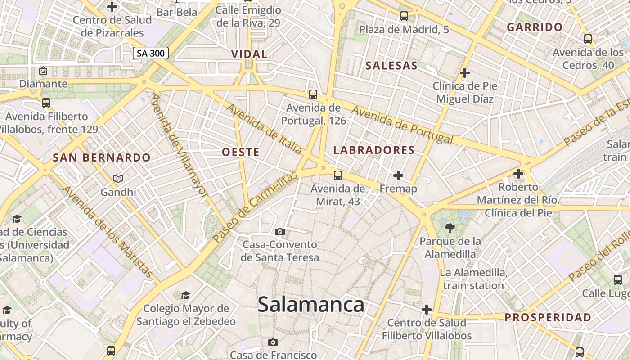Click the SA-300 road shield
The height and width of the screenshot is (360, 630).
click(x=151, y=54)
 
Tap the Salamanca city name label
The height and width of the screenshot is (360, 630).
click(x=311, y=305)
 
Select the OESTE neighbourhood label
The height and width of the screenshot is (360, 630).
click(x=241, y=152)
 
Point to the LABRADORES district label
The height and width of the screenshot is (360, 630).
click(x=374, y=150)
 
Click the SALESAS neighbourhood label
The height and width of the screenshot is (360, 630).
click(x=391, y=66)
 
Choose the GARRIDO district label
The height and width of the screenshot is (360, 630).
click(x=535, y=27)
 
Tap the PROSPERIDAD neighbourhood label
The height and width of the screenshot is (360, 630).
click(x=548, y=317)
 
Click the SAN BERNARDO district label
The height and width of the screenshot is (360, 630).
click(x=101, y=158)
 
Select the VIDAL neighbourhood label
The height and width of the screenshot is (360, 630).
click(x=249, y=54)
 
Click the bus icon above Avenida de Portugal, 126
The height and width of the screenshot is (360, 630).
click(x=313, y=94)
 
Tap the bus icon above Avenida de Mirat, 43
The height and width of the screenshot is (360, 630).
click(x=338, y=175)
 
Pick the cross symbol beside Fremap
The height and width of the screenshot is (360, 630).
click(x=398, y=175)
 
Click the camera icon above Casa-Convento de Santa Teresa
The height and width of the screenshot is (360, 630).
click(x=280, y=232)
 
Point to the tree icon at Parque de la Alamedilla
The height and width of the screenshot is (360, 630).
click(x=450, y=228)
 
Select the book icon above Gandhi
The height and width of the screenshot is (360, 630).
click(x=118, y=179)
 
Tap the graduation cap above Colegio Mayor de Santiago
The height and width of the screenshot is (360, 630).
click(x=185, y=295)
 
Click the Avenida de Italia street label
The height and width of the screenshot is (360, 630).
click(x=264, y=129)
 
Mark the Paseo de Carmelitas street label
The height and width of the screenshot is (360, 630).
click(x=255, y=207)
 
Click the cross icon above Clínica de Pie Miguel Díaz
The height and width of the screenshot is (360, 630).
click(x=465, y=72)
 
